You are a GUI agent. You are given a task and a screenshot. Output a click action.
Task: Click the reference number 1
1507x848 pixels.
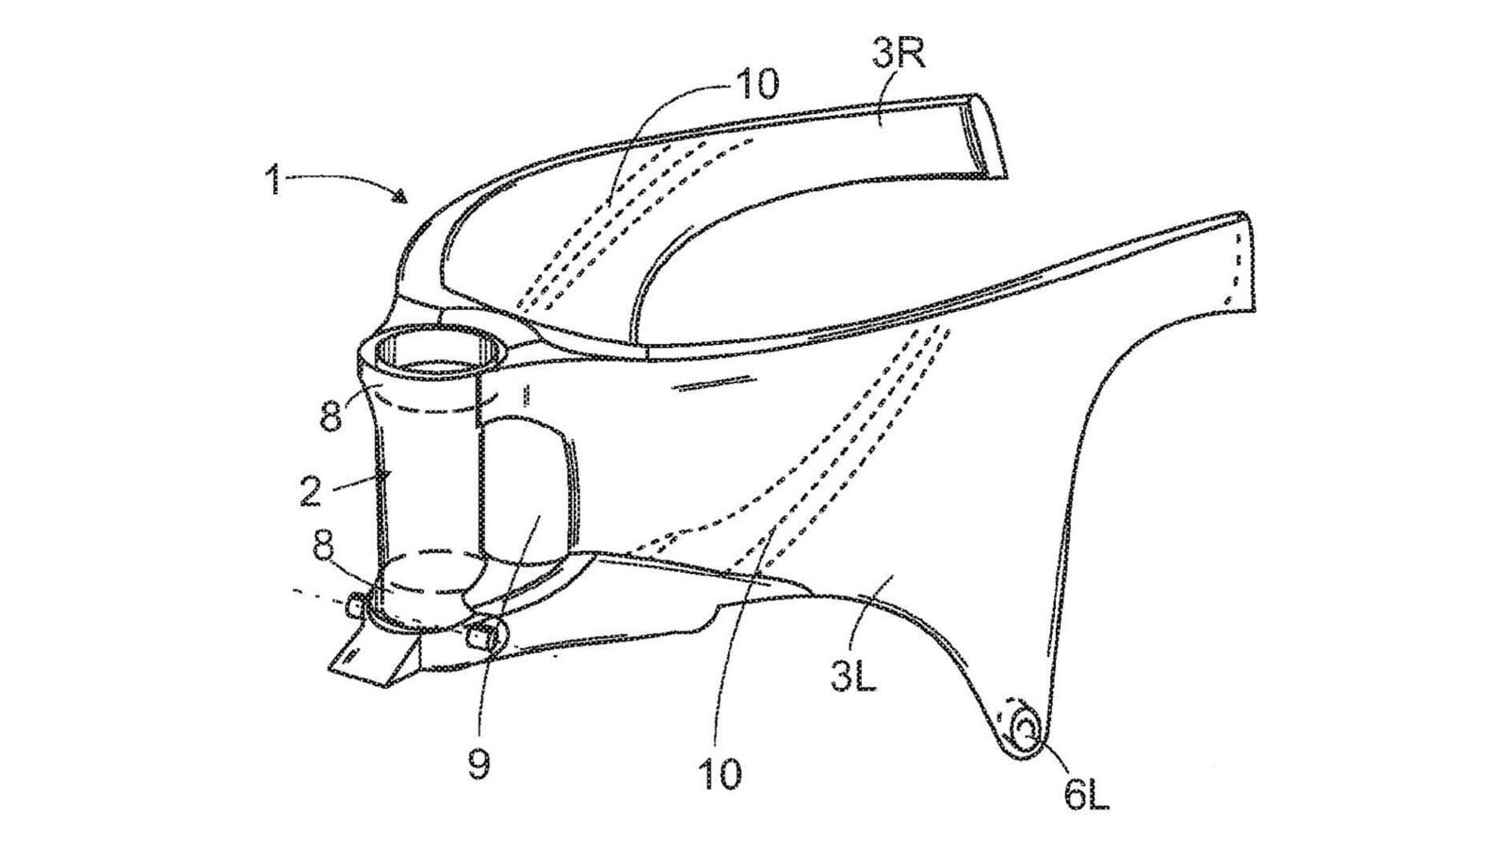click(273, 178)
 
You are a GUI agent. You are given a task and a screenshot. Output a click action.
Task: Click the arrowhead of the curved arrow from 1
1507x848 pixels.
click(402, 197)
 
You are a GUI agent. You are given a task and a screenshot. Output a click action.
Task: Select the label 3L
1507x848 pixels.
click(853, 677)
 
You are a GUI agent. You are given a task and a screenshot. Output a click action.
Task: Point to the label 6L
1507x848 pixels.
click(1087, 795)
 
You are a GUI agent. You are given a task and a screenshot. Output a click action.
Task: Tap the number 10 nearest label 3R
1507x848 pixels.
click(757, 84)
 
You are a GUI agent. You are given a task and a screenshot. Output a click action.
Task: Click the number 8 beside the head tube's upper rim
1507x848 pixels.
click(331, 416)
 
